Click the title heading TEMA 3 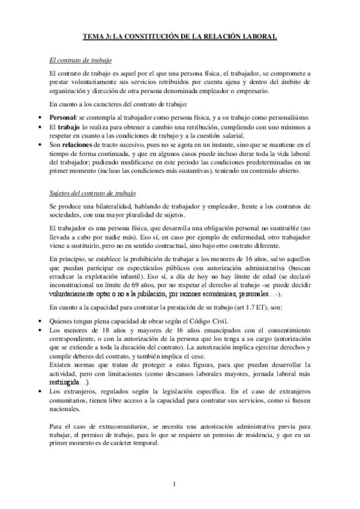point(179,37)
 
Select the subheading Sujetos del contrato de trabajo point(92,193)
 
